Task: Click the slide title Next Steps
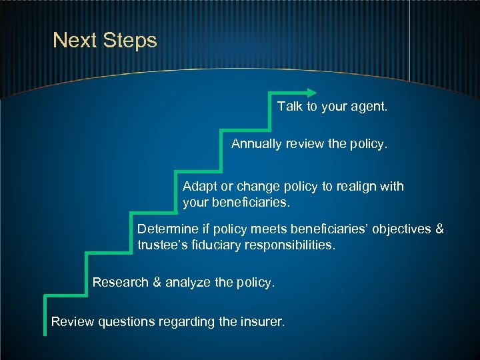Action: (x=105, y=41)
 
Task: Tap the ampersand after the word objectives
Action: (x=439, y=229)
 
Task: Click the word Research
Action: (x=121, y=283)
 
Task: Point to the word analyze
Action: (x=188, y=283)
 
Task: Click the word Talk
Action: (x=290, y=107)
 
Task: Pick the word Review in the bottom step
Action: (x=73, y=323)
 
